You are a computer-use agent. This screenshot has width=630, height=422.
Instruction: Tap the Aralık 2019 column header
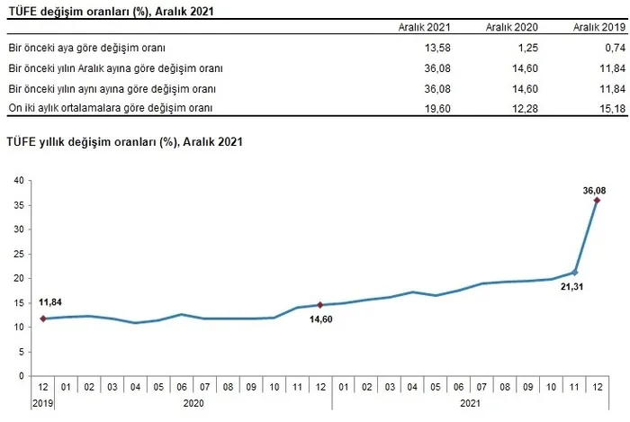pos(598,28)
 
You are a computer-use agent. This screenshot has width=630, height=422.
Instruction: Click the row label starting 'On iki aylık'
pos(97,108)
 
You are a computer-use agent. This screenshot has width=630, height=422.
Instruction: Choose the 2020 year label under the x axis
pos(193,404)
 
